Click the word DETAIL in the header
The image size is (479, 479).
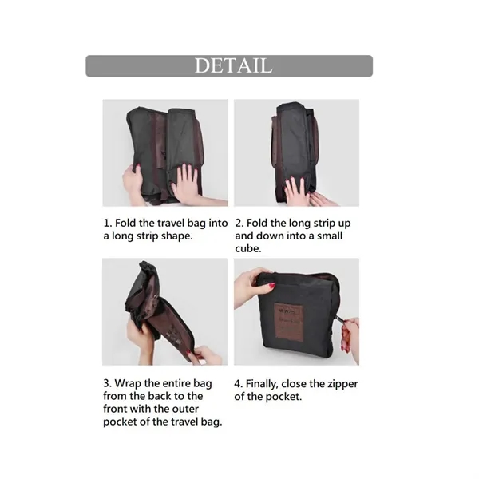click(x=233, y=65)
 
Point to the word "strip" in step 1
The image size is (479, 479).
click(x=152, y=237)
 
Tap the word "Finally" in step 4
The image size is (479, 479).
click(x=271, y=383)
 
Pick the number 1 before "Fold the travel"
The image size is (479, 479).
click(x=106, y=224)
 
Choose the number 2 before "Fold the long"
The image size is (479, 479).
click(x=239, y=224)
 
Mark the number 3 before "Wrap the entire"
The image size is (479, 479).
click(x=107, y=382)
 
